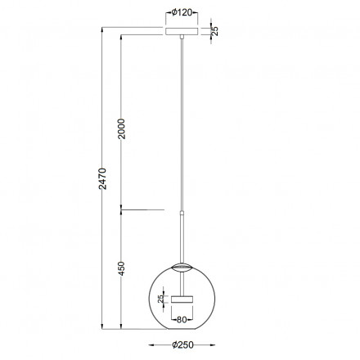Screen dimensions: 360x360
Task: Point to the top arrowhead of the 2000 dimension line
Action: (x=120, y=38)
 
